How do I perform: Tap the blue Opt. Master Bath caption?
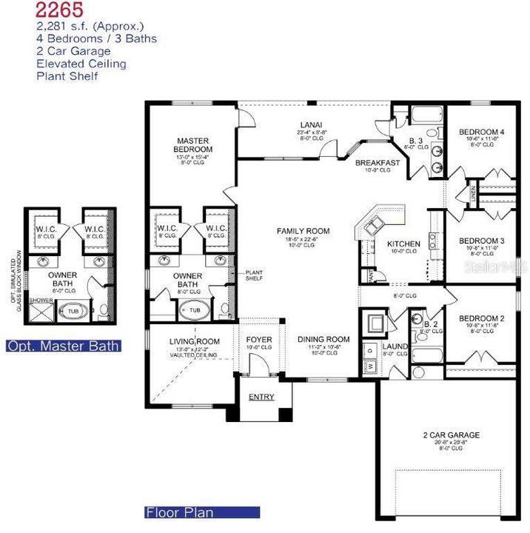point(63,346)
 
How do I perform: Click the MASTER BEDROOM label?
point(192,145)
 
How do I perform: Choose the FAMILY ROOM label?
point(303,231)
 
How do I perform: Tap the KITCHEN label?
point(403,244)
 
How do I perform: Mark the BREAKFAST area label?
point(378,163)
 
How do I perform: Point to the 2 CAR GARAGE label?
point(451,435)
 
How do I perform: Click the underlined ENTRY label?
point(261,398)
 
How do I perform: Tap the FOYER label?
point(258,340)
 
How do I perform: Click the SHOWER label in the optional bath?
point(38,301)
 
